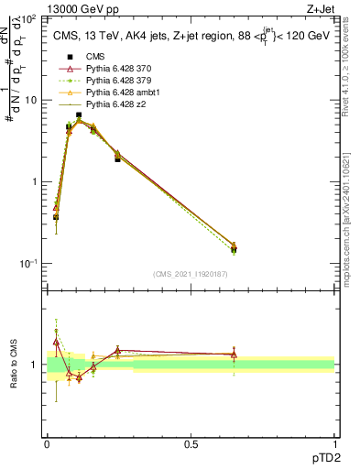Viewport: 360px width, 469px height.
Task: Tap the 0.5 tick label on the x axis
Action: [x=191, y=445]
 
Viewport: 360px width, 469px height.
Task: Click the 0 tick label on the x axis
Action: [x=48, y=445]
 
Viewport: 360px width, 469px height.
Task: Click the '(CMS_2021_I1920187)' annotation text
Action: [x=191, y=274]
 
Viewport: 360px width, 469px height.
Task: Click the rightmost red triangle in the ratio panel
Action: [x=234, y=354]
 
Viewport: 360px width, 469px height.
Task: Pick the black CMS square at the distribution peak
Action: [x=79, y=115]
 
